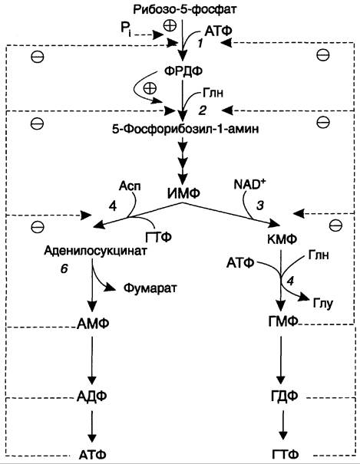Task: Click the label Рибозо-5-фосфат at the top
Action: pyautogui.click(x=185, y=9)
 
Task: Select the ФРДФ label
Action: pyautogui.click(x=183, y=71)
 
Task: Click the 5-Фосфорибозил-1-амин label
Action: pyautogui.click(x=185, y=129)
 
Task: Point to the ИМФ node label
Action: pyautogui.click(x=183, y=193)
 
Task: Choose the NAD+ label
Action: pyautogui.click(x=249, y=185)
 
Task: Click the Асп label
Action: pyautogui.click(x=130, y=186)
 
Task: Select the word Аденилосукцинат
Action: pyautogui.click(x=95, y=251)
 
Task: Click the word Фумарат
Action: pyautogui.click(x=150, y=288)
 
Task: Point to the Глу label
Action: pyautogui.click(x=322, y=304)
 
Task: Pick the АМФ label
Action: pyautogui.click(x=93, y=324)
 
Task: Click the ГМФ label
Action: pyautogui.click(x=282, y=321)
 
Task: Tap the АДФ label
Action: pyautogui.click(x=92, y=396)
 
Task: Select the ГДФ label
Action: pyautogui.click(x=284, y=396)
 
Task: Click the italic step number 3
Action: pyautogui.click(x=260, y=206)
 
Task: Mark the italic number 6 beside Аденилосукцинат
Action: pyautogui.click(x=64, y=268)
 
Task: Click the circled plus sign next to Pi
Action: pyautogui.click(x=170, y=25)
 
